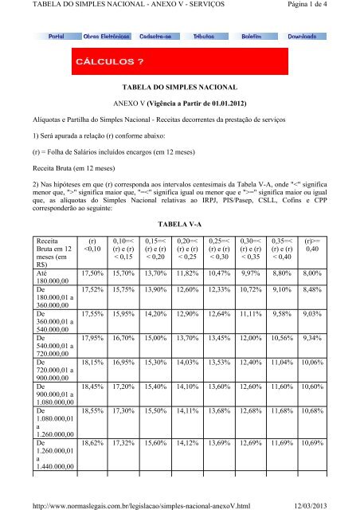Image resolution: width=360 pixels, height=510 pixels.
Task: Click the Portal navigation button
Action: [x=57, y=37]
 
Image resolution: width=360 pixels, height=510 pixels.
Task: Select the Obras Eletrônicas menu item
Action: [x=107, y=37]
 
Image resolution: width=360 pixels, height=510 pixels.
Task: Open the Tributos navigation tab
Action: [x=206, y=37]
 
